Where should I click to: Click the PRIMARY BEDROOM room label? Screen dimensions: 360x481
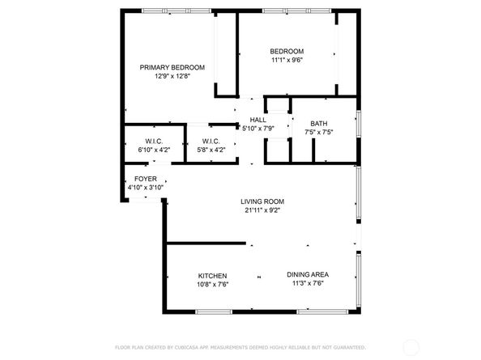pos(172,67)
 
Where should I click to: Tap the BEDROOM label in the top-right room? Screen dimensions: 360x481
pos(287,50)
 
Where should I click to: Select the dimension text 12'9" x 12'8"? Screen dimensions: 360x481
pos(172,78)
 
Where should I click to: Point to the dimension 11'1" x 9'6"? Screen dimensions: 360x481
pos(287,60)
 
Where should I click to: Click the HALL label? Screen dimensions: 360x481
pos(258,119)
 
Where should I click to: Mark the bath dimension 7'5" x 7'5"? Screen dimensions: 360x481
pos(318,132)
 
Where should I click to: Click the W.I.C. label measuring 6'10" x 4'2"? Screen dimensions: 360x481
pos(154,141)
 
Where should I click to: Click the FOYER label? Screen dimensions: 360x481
pos(146,179)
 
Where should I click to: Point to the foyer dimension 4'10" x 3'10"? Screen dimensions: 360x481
pos(146,188)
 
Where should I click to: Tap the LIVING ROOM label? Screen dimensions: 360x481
pos(262,201)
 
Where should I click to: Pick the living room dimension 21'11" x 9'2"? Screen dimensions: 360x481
pos(262,211)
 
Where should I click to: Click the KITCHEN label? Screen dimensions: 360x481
pos(212,275)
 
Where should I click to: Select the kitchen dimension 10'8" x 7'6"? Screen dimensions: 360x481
pos(212,285)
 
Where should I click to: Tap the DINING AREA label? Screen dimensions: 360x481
pos(308,275)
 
